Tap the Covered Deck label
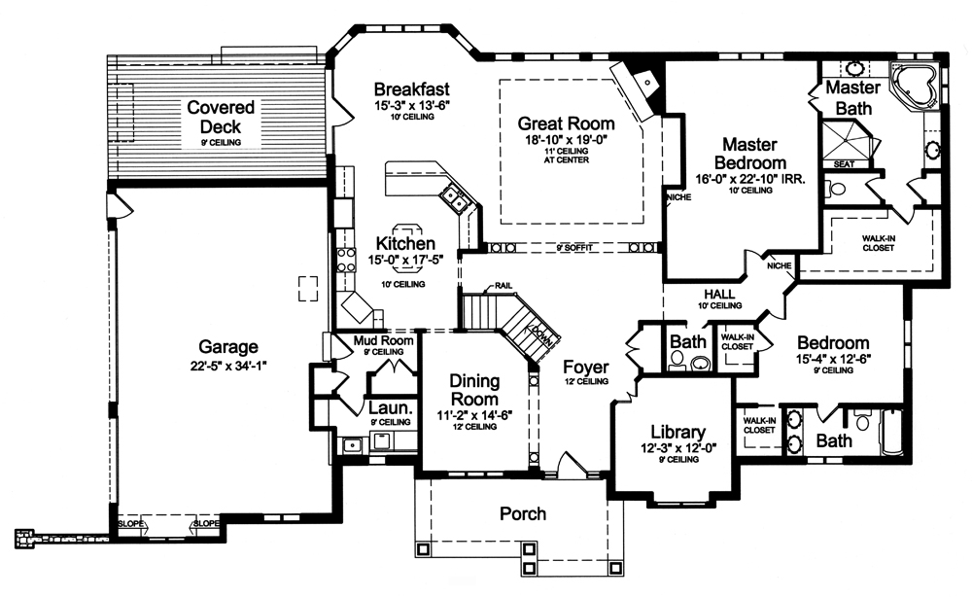221,117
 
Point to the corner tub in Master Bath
915,87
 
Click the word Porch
522,513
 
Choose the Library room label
664,433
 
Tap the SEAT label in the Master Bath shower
844,163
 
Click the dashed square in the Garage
308,289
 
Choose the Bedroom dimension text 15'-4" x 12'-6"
832,357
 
